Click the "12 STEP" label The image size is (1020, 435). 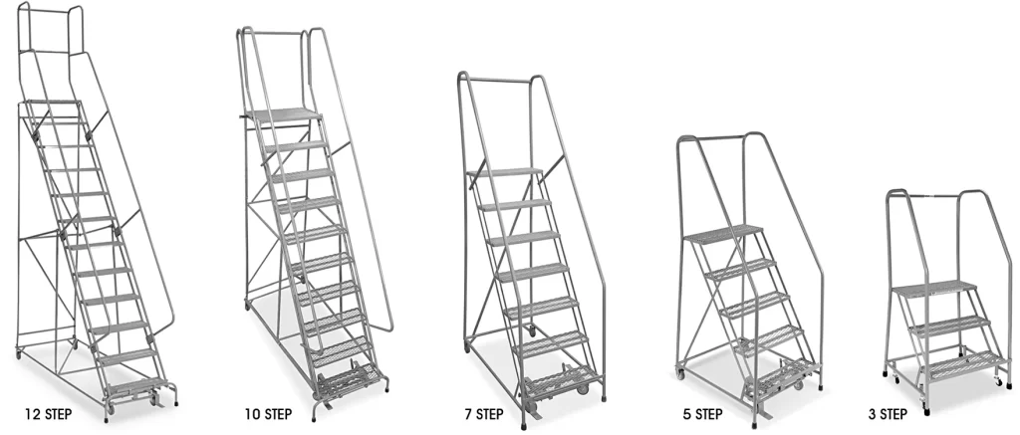48,413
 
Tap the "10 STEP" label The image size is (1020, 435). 268,413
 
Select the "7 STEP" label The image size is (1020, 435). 484,414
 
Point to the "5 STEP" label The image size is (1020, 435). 702,414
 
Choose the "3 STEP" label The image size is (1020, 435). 888,414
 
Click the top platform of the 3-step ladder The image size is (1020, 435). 934,288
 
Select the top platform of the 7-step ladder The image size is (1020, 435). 504,172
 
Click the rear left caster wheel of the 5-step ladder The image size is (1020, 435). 681,373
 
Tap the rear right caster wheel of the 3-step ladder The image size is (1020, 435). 998,381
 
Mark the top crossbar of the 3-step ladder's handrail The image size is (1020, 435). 931,195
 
